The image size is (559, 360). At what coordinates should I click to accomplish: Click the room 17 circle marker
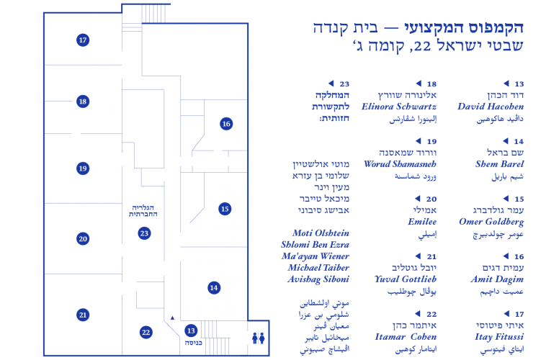tap(83, 40)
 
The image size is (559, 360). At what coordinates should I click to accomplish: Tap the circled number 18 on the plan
tap(83, 102)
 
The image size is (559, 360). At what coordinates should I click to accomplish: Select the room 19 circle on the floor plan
tap(83, 168)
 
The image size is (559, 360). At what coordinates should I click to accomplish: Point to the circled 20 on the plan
tap(83, 239)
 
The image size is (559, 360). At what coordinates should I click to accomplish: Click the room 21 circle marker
tap(83, 315)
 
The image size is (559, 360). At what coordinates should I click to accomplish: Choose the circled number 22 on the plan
tap(146, 333)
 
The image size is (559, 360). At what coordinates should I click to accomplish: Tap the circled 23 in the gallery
tap(144, 233)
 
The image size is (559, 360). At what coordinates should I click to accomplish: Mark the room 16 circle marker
tap(226, 124)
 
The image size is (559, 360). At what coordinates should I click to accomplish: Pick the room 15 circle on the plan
tap(225, 209)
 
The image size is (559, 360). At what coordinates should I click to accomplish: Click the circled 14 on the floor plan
tap(213, 288)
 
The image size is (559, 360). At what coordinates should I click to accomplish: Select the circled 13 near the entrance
tap(191, 330)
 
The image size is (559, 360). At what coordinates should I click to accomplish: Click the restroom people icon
tap(259, 338)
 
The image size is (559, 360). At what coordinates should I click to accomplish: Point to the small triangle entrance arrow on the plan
tap(172, 318)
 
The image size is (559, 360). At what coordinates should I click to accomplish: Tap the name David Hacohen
tap(491, 107)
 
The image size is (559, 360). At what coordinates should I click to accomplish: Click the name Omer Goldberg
tap(491, 222)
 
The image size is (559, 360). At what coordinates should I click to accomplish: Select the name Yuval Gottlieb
tap(406, 279)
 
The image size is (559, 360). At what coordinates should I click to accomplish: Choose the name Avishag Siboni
tap(318, 279)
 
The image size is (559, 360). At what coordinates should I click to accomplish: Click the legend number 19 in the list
tap(431, 142)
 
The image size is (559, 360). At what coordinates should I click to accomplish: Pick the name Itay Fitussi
tap(499, 337)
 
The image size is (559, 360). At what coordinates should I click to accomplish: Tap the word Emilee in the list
tap(422, 222)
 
